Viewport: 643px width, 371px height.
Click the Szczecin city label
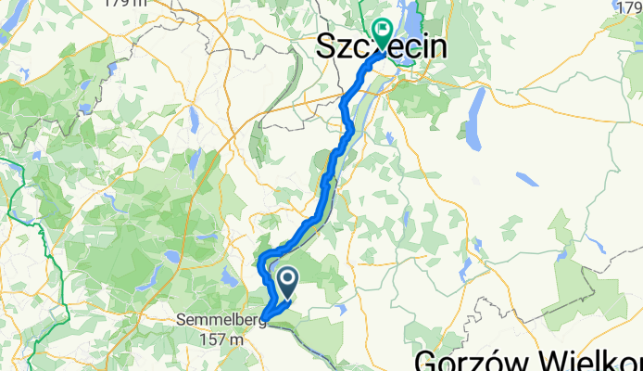[x=382, y=48]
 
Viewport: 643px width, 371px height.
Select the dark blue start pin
[x=285, y=281]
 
